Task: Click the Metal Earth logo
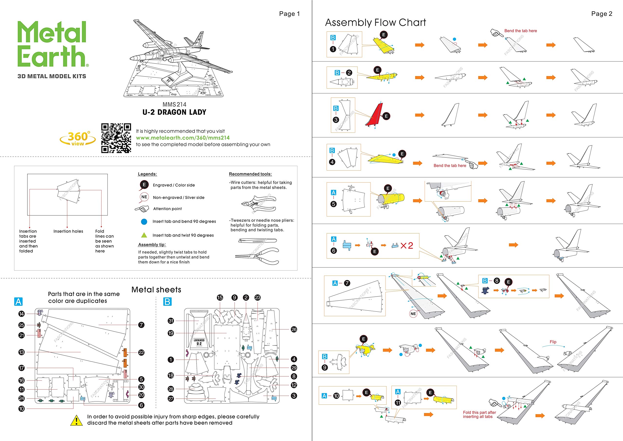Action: pyautogui.click(x=52, y=44)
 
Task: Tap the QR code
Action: pyautogui.click(x=116, y=138)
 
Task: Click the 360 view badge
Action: pyautogui.click(x=78, y=139)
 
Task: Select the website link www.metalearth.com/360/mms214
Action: pyautogui.click(x=183, y=138)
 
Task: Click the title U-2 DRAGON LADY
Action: pyautogui.click(x=174, y=112)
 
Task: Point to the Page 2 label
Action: pyautogui.click(x=602, y=14)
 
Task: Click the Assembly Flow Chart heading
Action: pyautogui.click(x=375, y=23)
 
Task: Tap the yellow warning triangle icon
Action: pyautogui.click(x=76, y=420)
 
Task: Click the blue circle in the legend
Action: pyautogui.click(x=144, y=222)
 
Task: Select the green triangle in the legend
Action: pyautogui.click(x=144, y=235)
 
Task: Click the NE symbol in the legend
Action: pyautogui.click(x=144, y=197)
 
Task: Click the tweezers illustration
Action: pyautogui.click(x=257, y=241)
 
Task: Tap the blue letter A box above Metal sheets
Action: pyautogui.click(x=18, y=302)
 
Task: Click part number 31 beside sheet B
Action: pyautogui.click(x=171, y=321)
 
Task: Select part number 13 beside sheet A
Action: pyautogui.click(x=21, y=352)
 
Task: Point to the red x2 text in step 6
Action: pyautogui.click(x=407, y=246)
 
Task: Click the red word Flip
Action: pyautogui.click(x=553, y=342)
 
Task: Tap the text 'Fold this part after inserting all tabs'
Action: pyautogui.click(x=479, y=414)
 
